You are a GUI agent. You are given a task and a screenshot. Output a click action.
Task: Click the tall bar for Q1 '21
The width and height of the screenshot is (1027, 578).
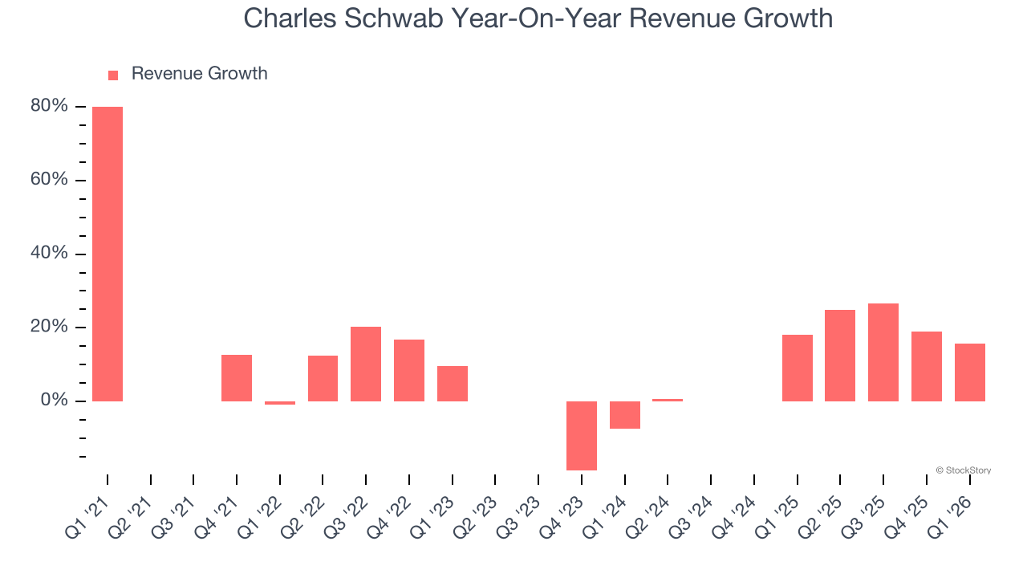108,254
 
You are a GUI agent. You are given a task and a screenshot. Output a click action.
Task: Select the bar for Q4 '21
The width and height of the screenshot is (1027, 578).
237,377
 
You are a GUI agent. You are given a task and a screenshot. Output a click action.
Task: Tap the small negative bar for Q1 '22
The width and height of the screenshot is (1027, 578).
280,403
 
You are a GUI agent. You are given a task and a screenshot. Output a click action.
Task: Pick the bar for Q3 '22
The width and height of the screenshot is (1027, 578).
366,364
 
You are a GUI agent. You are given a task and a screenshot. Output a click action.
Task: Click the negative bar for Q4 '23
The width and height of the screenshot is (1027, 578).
582,435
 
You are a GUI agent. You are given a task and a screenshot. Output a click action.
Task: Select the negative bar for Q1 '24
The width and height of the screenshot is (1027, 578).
625,415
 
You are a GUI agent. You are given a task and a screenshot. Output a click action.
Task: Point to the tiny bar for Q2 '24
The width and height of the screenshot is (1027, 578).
668,400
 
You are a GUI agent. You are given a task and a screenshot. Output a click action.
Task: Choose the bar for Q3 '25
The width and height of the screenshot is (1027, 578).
883,352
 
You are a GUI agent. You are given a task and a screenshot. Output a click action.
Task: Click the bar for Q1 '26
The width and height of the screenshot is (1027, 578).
969,372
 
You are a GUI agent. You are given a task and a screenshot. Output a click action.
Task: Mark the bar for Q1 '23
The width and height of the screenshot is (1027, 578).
453,383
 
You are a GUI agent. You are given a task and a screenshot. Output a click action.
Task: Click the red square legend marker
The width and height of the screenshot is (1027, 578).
113,75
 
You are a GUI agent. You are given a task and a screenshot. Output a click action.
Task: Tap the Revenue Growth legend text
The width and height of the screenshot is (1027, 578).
199,74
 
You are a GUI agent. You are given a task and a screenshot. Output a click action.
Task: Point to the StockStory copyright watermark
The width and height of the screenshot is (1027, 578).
963,470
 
